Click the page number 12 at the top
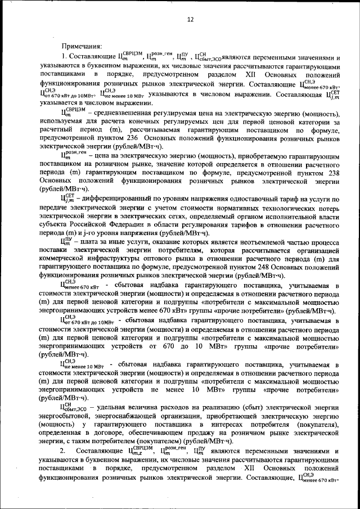coord(190,20)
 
